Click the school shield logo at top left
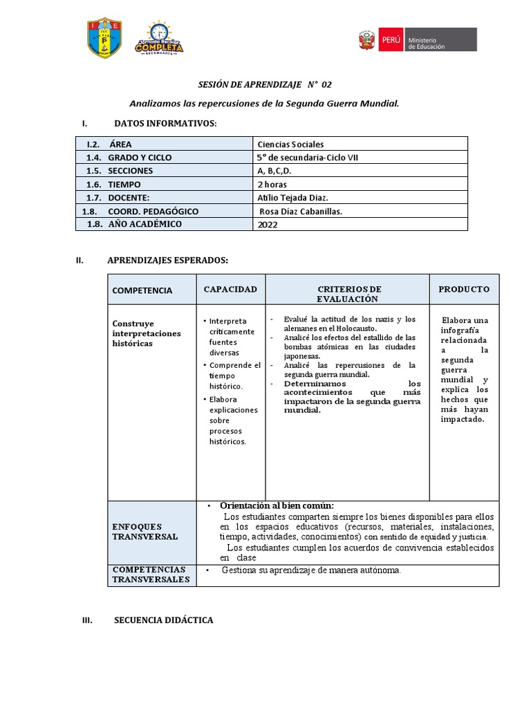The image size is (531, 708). pos(104,38)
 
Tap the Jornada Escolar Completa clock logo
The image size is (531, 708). pos(159,38)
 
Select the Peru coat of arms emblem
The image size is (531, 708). pos(366,39)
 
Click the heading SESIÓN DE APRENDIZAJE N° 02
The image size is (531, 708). pos(265,84)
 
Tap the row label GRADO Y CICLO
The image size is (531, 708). pos(140,158)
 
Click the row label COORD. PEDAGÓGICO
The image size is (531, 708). pos(153,212)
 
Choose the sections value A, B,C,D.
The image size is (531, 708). pos(274,171)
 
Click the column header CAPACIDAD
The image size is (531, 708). pos(230,289)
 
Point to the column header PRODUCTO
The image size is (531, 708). pos(464,289)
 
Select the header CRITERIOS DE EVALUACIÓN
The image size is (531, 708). pos(348,294)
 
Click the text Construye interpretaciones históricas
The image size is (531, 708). pos(147,333)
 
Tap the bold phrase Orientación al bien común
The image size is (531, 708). pos(277,505)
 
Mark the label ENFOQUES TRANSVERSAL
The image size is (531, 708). pos(145,532)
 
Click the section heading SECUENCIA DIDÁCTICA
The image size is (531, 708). pos(163,620)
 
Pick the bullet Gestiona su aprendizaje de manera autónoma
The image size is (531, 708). pos(311,570)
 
